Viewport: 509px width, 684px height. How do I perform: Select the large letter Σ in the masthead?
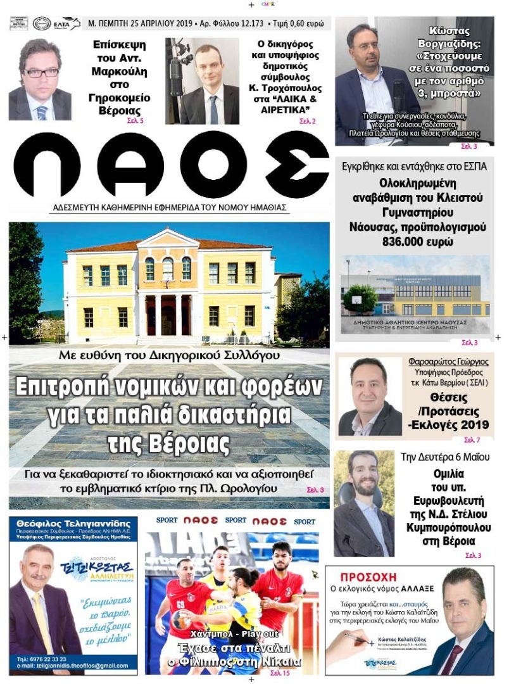(x=297, y=166)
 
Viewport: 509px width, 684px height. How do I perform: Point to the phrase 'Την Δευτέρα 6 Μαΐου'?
(x=445, y=457)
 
